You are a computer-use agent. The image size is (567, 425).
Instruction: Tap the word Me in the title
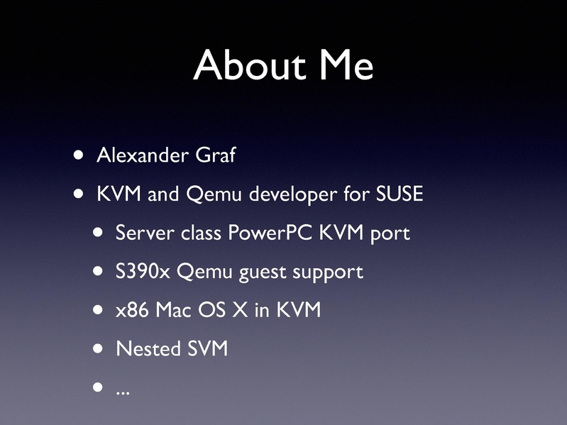click(346, 65)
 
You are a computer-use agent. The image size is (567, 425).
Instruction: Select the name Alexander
click(143, 155)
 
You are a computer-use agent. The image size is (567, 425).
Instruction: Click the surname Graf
click(216, 155)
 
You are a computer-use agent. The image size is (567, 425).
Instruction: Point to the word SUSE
click(400, 194)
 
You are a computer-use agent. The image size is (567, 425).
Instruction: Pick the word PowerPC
click(270, 233)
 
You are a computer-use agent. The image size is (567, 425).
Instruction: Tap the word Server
click(145, 233)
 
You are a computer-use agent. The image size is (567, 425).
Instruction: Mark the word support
click(328, 272)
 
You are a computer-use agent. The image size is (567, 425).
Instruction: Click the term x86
click(132, 310)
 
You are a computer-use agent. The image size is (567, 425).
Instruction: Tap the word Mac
click(174, 310)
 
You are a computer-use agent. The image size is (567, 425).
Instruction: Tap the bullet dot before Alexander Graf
click(78, 155)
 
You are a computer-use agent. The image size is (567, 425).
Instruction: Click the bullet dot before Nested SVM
click(98, 348)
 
